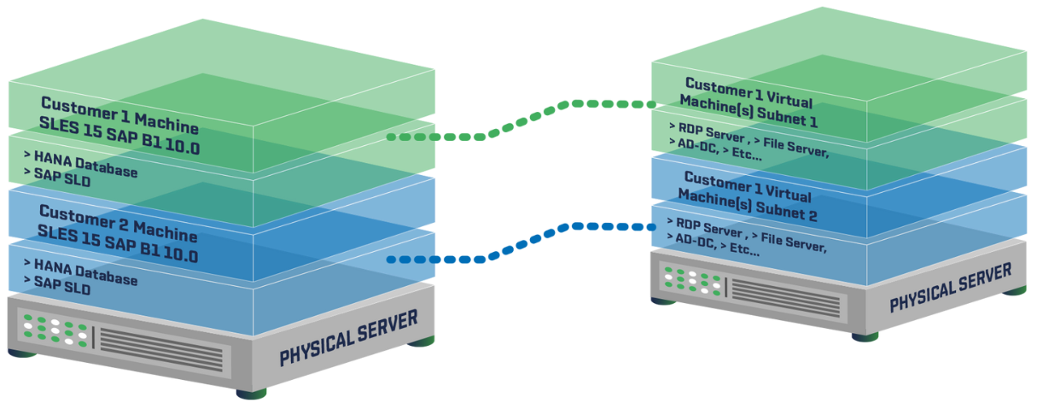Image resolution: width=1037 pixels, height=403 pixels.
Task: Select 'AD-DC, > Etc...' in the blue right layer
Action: [x=717, y=247]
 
